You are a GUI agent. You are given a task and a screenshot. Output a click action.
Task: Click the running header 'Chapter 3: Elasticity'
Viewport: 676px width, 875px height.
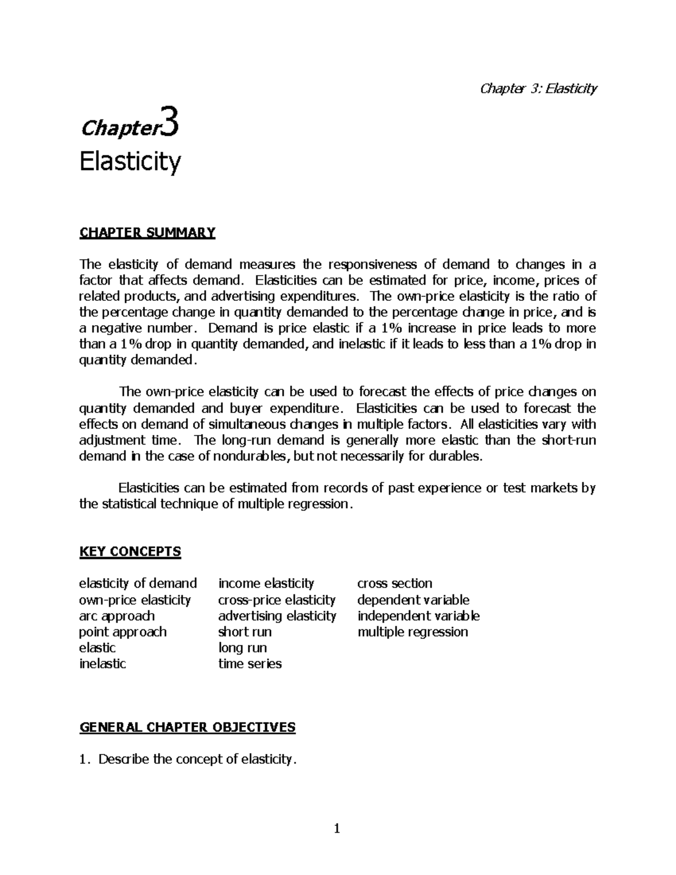click(x=537, y=88)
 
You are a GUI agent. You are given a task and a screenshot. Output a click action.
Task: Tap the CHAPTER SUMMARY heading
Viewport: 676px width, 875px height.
click(x=148, y=233)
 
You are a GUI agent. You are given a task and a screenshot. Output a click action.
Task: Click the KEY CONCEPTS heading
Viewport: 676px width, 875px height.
click(x=130, y=551)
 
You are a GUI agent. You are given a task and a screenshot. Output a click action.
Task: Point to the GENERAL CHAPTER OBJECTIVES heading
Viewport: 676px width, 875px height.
click(x=188, y=727)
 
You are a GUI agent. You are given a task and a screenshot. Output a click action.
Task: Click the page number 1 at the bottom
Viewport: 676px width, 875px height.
click(x=337, y=828)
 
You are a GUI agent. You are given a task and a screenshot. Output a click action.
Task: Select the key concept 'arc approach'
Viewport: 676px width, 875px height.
click(x=117, y=616)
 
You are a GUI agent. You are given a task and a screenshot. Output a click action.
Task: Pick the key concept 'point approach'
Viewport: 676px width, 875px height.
click(x=123, y=632)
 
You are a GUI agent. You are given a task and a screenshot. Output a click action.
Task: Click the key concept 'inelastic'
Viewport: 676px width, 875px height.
click(x=103, y=664)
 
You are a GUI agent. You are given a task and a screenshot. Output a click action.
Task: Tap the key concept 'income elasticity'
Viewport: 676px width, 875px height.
click(x=266, y=584)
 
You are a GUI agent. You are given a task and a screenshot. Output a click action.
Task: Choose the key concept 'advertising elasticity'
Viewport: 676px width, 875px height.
click(x=277, y=616)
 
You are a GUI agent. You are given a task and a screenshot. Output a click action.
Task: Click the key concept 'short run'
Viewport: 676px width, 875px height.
click(x=245, y=632)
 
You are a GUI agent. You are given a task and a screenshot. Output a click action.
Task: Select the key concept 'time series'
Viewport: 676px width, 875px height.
click(x=250, y=664)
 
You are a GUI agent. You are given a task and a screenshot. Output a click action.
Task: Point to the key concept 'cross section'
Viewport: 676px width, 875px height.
click(x=395, y=584)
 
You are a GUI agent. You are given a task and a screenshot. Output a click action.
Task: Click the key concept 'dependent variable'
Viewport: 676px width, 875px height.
click(x=413, y=599)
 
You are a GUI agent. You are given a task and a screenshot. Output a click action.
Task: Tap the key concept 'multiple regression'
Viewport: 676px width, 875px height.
click(x=413, y=632)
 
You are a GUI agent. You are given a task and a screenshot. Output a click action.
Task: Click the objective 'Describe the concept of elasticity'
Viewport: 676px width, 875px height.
click(x=197, y=759)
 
